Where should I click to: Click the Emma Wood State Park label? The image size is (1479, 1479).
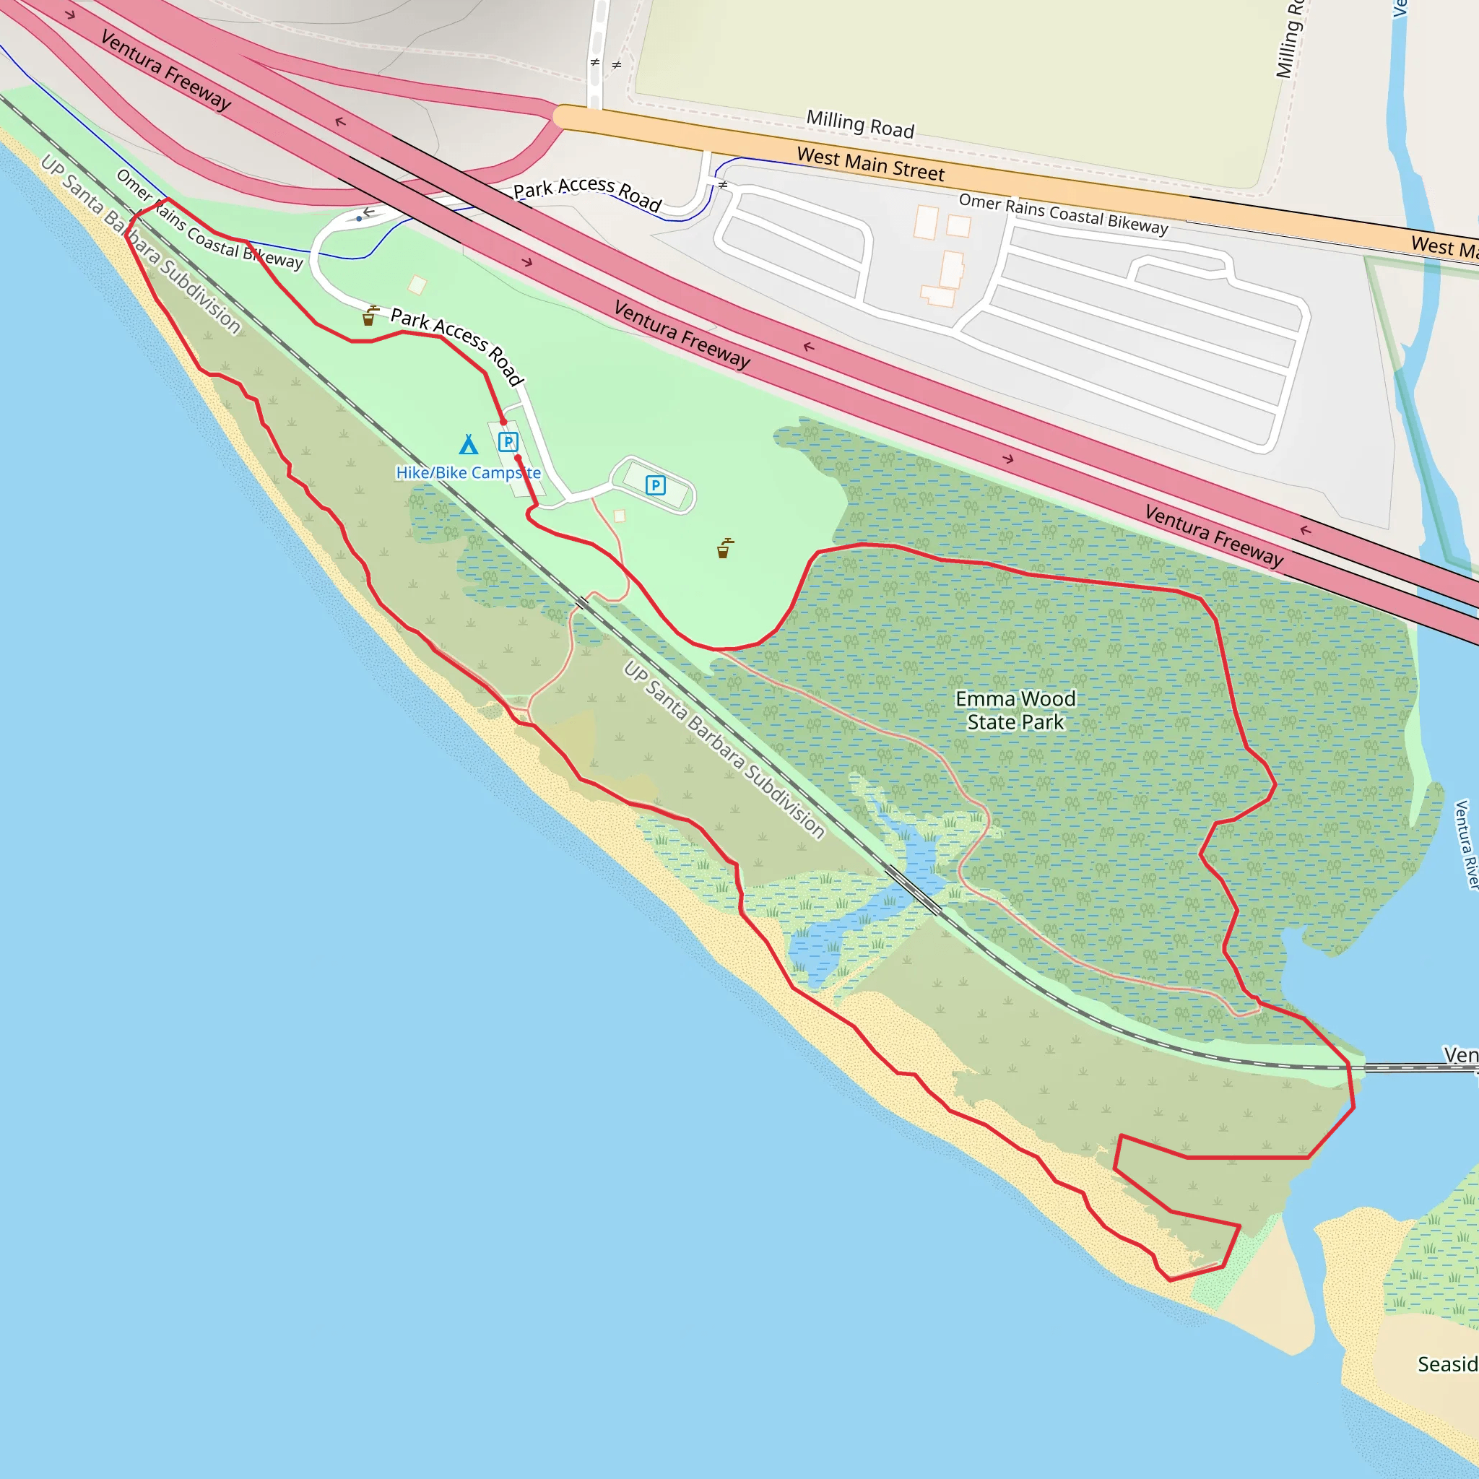[x=1015, y=710]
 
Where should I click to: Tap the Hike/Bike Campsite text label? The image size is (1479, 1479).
[x=468, y=472]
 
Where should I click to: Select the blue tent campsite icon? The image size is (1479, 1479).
[x=469, y=445]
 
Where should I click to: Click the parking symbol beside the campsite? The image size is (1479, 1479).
[x=508, y=442]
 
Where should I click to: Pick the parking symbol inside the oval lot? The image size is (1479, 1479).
[x=655, y=485]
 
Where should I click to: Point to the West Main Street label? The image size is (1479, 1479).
[x=870, y=165]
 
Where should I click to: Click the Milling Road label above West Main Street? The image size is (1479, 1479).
[x=860, y=124]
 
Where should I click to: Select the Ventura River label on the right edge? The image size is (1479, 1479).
[x=1465, y=844]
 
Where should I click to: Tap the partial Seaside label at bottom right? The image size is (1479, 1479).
[x=1446, y=1364]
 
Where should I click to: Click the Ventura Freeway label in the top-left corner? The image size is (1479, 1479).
[x=165, y=69]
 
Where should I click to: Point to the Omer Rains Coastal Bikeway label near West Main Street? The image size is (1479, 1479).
[x=1063, y=214]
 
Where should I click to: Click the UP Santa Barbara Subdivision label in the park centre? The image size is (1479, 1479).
[x=724, y=750]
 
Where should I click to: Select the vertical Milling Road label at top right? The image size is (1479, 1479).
[x=1289, y=40]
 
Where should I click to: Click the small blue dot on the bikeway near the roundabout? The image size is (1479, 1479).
[x=359, y=219]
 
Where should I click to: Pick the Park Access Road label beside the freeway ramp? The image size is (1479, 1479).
[x=586, y=193]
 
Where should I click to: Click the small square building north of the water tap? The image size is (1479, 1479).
[x=417, y=285]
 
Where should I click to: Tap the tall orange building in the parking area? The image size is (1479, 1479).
[x=952, y=269]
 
